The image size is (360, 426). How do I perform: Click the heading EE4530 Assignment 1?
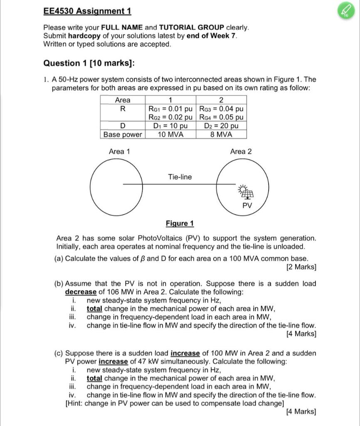pyautogui.click(x=87, y=11)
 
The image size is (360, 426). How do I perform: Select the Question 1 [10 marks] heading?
pyautogui.click(x=89, y=63)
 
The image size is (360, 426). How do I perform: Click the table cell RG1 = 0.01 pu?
pyautogui.click(x=170, y=109)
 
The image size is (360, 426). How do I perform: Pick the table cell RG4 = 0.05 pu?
pyautogui.click(x=221, y=118)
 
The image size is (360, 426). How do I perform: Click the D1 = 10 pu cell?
pyautogui.click(x=170, y=126)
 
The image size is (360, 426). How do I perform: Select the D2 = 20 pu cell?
pyautogui.click(x=221, y=126)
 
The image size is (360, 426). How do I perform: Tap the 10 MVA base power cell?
pyautogui.click(x=170, y=134)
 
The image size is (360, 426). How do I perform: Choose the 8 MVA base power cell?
pyautogui.click(x=221, y=134)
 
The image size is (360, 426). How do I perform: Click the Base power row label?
pyautogui.click(x=123, y=134)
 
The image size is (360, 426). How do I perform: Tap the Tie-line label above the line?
pyautogui.click(x=180, y=177)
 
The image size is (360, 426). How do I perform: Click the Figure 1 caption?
pyautogui.click(x=180, y=223)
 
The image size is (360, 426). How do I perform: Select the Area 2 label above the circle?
pyautogui.click(x=241, y=151)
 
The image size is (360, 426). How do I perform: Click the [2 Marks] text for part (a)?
pyautogui.click(x=301, y=267)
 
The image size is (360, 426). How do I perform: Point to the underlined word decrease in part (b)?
pyautogui.click(x=81, y=292)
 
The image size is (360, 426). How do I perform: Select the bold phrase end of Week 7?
pyautogui.click(x=212, y=36)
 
